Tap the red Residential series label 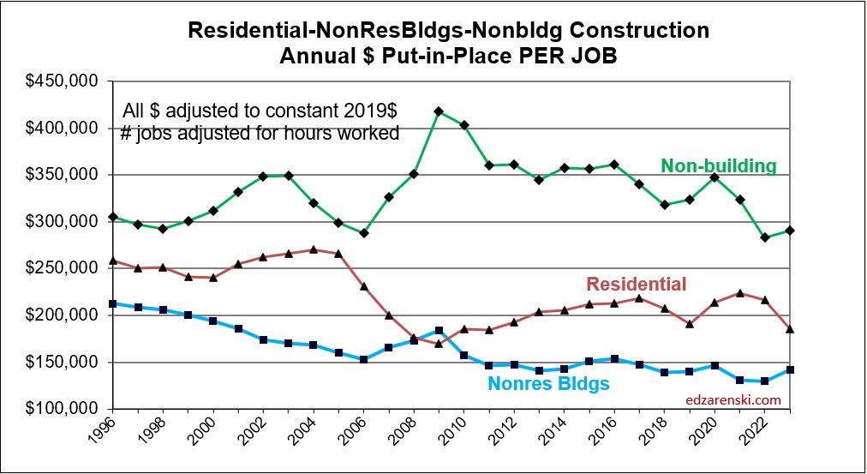coord(636,285)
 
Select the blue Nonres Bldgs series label coord(548,384)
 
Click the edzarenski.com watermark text coord(732,399)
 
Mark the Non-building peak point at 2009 coord(439,111)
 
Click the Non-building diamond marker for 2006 coord(363,232)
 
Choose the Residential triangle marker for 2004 coord(313,249)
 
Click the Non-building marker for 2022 coord(765,237)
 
